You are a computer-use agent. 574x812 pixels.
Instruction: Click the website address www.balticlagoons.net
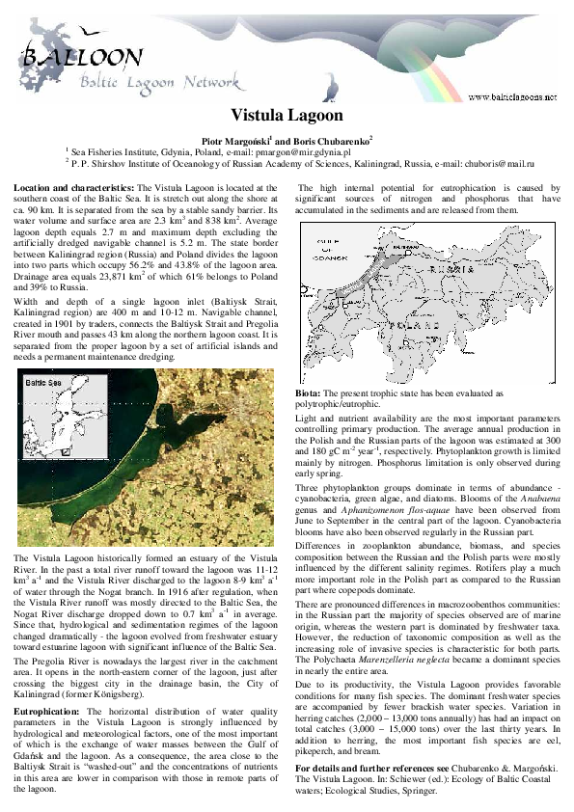click(512, 96)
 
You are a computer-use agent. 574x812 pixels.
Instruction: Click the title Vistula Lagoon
click(287, 117)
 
